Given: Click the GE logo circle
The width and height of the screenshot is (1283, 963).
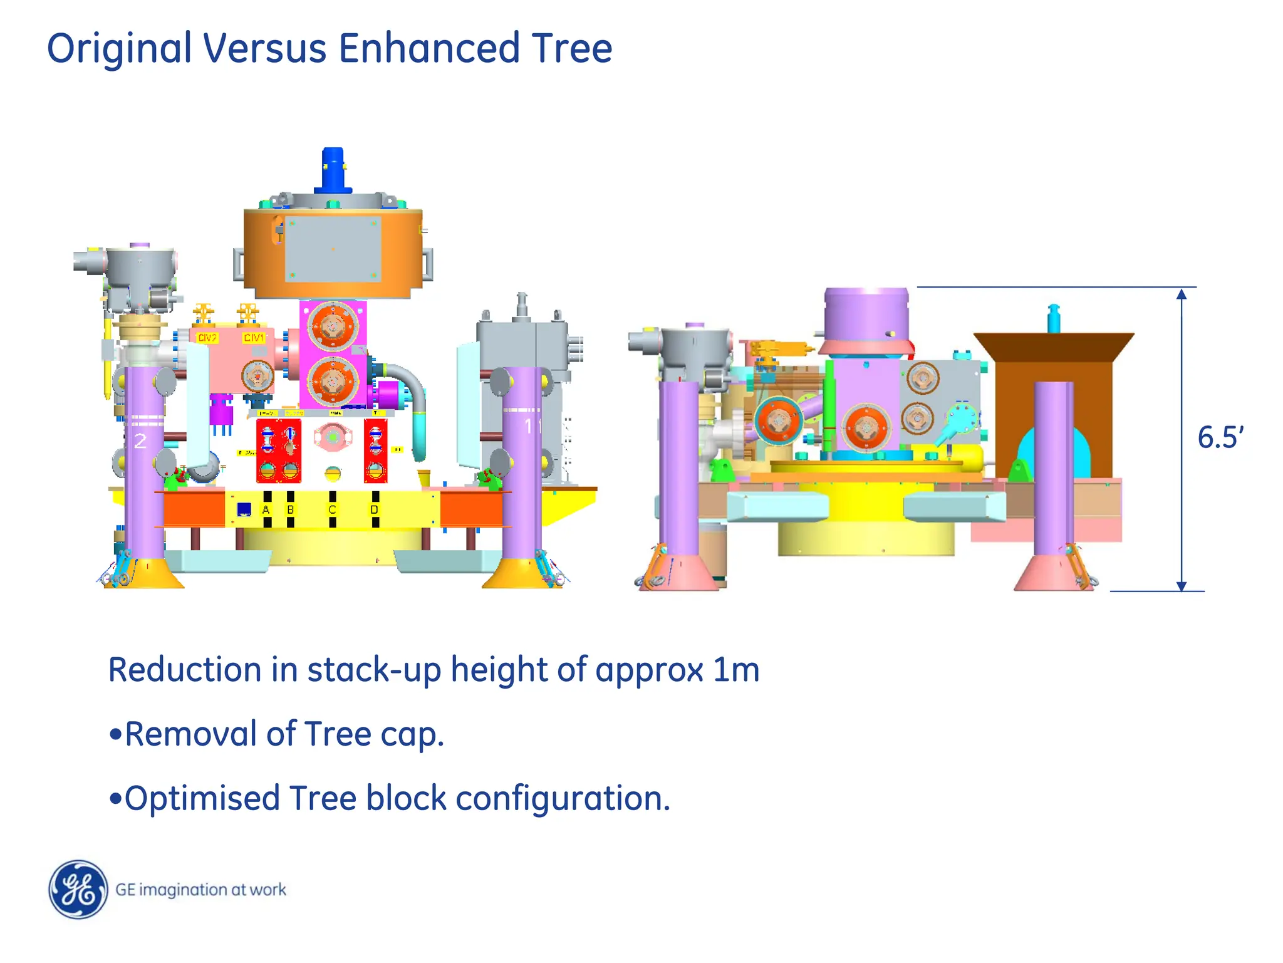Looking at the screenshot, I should [x=78, y=889].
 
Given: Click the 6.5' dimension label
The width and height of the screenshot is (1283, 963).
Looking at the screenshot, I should [x=1219, y=437].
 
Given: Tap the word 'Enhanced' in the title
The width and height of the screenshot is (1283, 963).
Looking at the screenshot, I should [x=429, y=48].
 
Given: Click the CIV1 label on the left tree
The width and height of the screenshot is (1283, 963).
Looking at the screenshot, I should [x=254, y=338].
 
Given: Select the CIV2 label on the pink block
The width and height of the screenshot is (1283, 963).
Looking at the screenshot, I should [x=207, y=338].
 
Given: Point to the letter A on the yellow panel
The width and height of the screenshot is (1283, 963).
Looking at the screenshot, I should [x=266, y=510].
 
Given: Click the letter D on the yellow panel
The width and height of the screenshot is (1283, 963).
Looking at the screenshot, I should [x=375, y=510].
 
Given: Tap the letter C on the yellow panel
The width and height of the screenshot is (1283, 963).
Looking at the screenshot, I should [x=333, y=510].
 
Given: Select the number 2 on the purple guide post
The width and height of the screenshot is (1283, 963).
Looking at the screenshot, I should [x=140, y=441].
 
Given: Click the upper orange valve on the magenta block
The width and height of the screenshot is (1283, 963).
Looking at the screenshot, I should [x=333, y=326].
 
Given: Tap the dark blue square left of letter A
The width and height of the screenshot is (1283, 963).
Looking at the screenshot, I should [x=244, y=509].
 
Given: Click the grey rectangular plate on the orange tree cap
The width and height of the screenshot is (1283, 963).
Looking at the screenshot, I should [x=333, y=249].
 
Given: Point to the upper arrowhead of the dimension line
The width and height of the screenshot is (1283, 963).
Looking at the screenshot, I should [x=1181, y=294].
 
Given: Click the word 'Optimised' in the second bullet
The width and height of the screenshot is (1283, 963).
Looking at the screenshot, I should [x=202, y=799].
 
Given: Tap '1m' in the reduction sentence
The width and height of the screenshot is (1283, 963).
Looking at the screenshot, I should [x=736, y=670].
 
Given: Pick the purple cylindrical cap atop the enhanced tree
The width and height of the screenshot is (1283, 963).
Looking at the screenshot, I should [x=866, y=313].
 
